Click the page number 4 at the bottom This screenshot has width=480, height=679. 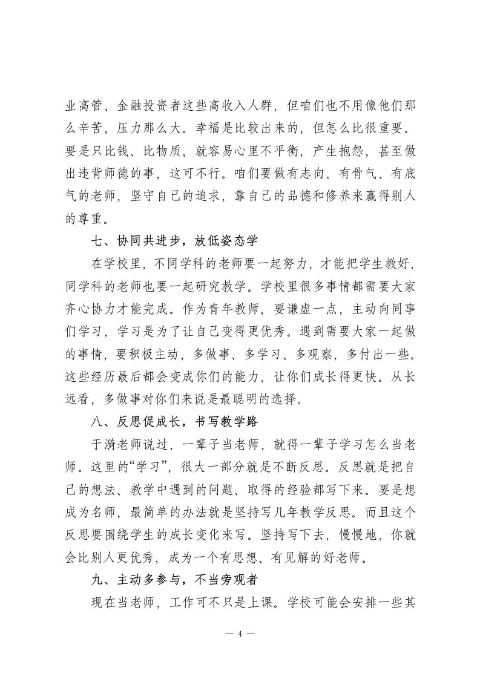click(x=240, y=634)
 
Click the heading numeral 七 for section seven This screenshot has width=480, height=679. click(x=97, y=241)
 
